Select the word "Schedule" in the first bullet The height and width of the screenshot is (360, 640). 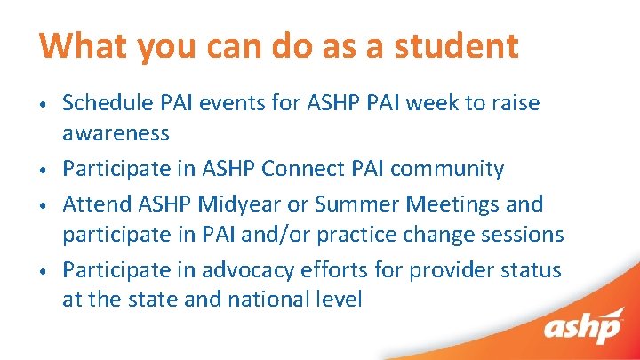coord(102,104)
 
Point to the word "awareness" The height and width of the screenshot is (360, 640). coord(116,134)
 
